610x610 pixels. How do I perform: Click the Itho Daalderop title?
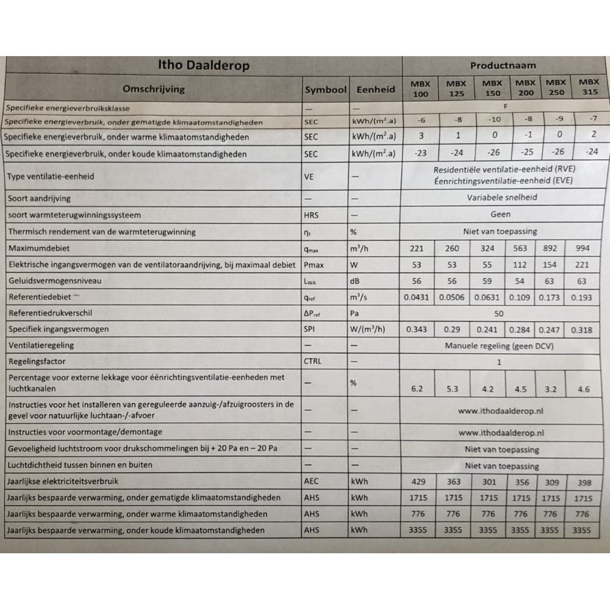coord(204,66)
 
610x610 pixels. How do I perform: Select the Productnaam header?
coord(503,65)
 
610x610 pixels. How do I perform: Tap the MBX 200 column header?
coord(525,88)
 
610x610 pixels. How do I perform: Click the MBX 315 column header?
coord(589,88)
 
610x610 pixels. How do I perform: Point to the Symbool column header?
coord(326,90)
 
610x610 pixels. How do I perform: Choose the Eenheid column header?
coord(375,90)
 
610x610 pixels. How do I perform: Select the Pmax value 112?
coord(520,265)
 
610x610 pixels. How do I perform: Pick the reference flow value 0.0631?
coord(488,298)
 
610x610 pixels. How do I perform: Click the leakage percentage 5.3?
coord(453,389)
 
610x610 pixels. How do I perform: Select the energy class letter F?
coord(505,106)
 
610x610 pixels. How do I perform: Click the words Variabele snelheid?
coord(502,198)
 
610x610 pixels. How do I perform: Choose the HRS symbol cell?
coord(311,215)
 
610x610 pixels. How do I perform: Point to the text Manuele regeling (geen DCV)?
coord(502,346)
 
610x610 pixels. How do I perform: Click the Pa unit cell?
coord(354,314)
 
